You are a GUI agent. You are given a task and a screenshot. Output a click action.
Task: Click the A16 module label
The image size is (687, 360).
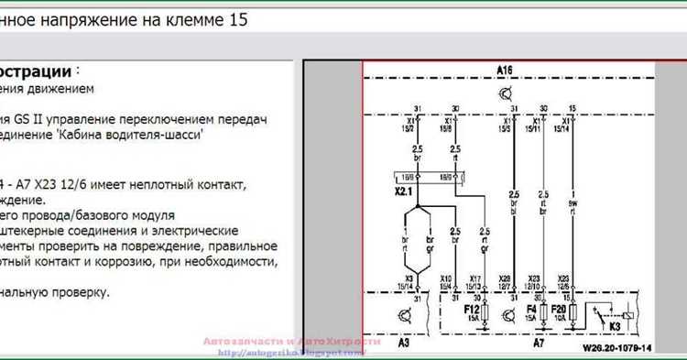(505, 71)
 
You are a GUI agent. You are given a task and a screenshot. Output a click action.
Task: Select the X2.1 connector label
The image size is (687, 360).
(404, 192)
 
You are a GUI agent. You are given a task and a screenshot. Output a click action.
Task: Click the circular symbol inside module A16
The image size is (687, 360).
(505, 93)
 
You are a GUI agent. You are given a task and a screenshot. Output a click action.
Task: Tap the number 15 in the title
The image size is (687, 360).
(237, 19)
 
